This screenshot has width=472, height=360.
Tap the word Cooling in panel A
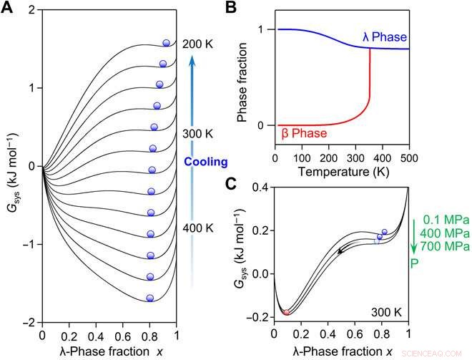click(206, 162)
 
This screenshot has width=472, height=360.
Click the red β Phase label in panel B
click(303, 133)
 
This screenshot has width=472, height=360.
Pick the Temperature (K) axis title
click(342, 172)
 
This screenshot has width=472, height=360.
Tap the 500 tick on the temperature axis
click(408, 157)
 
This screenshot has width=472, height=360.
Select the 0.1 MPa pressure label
click(441, 220)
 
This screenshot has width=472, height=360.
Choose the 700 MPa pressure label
click(441, 245)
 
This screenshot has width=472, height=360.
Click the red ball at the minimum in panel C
click(286, 312)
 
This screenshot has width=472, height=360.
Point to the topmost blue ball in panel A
click(167, 43)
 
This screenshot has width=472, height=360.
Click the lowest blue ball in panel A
click(150, 298)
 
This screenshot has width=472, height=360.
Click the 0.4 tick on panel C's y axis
click(258, 186)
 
